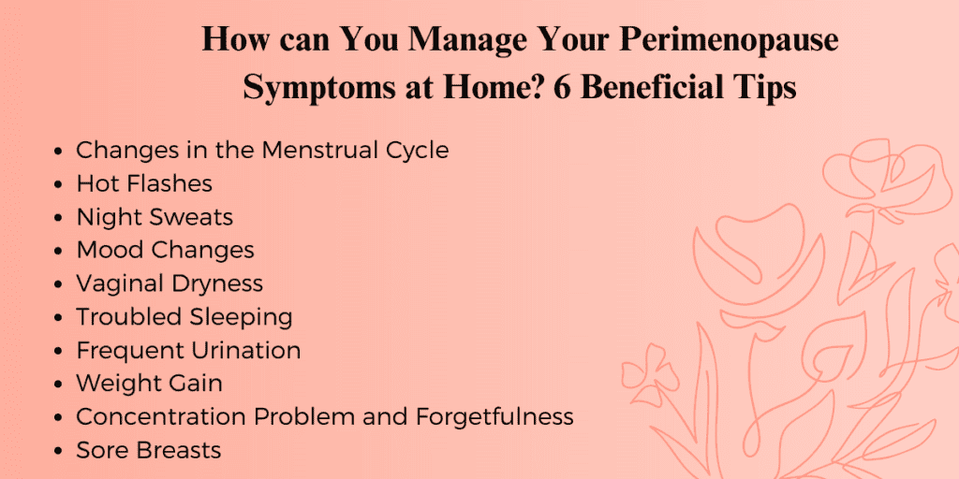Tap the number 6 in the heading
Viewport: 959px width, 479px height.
click(563, 87)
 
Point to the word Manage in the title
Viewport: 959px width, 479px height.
click(468, 40)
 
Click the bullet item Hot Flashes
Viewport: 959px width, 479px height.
click(144, 183)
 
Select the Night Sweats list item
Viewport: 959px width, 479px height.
click(155, 217)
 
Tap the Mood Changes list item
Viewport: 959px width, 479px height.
click(165, 250)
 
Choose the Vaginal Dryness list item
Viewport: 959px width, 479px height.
click(170, 283)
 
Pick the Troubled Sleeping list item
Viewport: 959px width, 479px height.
click(184, 317)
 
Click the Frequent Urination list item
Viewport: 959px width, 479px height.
click(188, 350)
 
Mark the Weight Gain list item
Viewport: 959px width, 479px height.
click(149, 384)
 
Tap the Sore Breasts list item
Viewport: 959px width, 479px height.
click(149, 450)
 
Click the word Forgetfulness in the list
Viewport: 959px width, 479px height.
click(494, 416)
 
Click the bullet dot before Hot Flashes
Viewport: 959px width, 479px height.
click(58, 184)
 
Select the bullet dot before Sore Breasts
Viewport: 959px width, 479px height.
click(58, 452)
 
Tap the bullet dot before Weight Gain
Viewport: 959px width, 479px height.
click(58, 385)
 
